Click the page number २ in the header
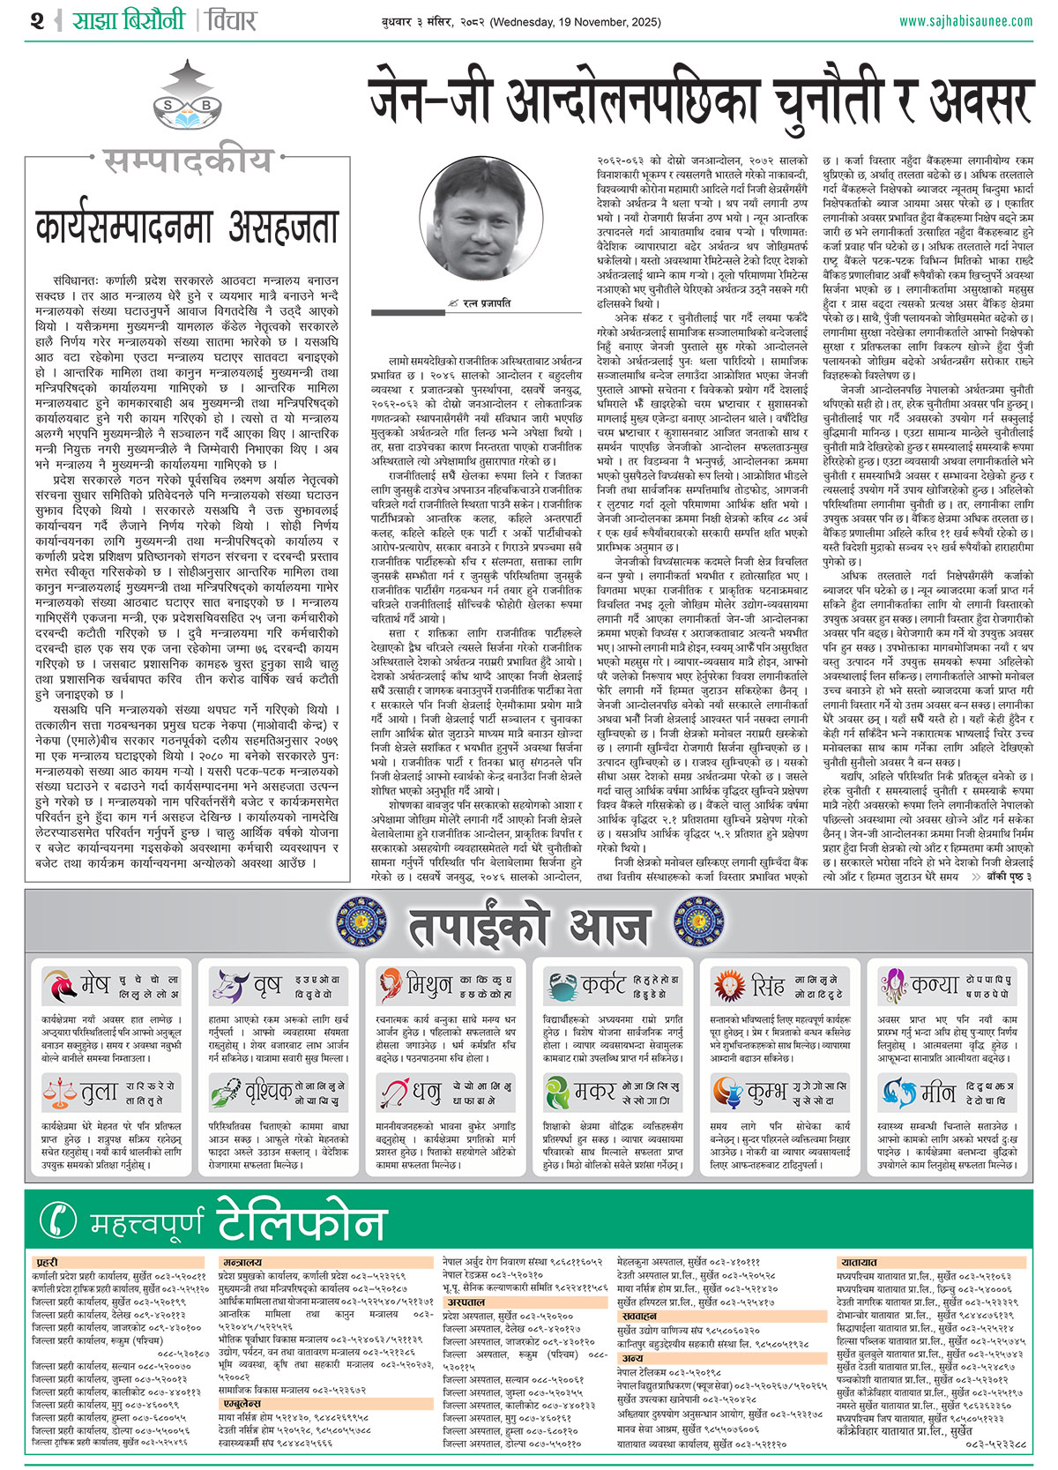pyautogui.click(x=36, y=19)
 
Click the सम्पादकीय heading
pyautogui.click(x=188, y=161)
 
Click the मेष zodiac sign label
pyautogui.click(x=95, y=985)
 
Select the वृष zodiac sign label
pyautogui.click(x=265, y=985)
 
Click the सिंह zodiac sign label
pyautogui.click(x=768, y=985)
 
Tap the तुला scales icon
pyautogui.click(x=59, y=1093)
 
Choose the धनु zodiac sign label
pyautogui.click(x=428, y=1093)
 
